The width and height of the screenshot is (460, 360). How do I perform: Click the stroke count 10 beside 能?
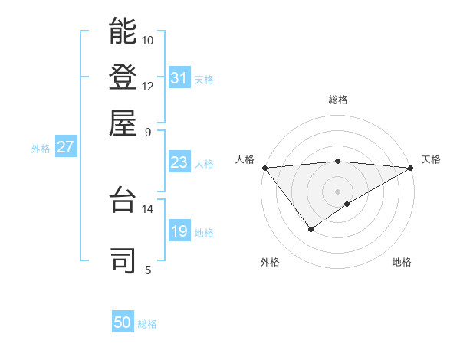(x=148, y=40)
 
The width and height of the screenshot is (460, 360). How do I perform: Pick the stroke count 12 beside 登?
(x=148, y=86)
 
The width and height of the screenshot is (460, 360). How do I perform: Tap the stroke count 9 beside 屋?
(x=147, y=131)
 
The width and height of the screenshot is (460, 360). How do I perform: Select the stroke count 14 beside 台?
(x=148, y=208)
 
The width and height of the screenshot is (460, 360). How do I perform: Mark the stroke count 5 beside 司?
(x=147, y=270)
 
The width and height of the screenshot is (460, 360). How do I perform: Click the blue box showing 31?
(x=179, y=78)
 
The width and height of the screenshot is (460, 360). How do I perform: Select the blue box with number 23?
(x=179, y=162)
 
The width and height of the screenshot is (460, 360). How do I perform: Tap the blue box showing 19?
(x=179, y=231)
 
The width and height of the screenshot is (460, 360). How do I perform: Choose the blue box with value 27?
(x=65, y=147)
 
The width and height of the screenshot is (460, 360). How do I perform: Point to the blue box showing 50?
(x=123, y=322)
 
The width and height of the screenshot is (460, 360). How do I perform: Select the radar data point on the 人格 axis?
(x=264, y=168)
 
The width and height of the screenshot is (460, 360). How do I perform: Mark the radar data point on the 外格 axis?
(x=310, y=228)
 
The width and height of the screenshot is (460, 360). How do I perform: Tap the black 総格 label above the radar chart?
(x=338, y=100)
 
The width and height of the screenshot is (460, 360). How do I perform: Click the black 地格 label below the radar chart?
(x=402, y=262)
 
